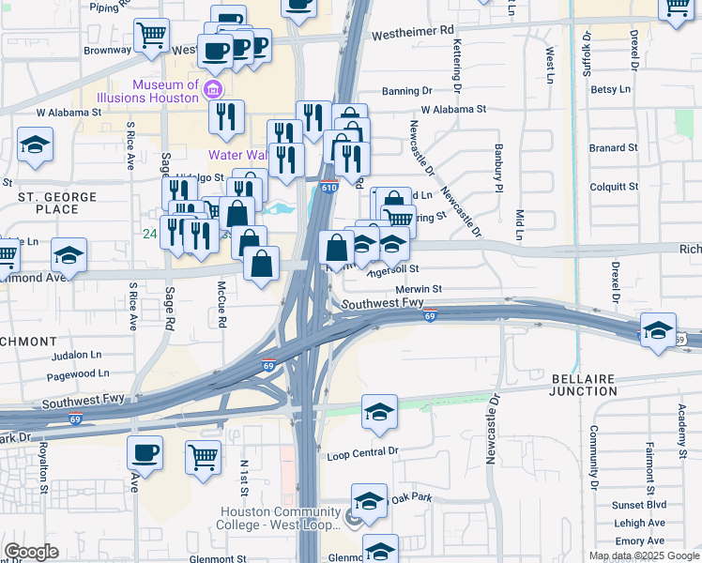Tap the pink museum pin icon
(213, 91)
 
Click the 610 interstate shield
(328, 188)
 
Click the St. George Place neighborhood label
(57, 203)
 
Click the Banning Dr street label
(406, 91)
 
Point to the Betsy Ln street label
(610, 89)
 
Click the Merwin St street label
(419, 290)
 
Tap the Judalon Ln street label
(77, 356)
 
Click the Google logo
(31, 551)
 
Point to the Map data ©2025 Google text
(644, 555)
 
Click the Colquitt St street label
(614, 186)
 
